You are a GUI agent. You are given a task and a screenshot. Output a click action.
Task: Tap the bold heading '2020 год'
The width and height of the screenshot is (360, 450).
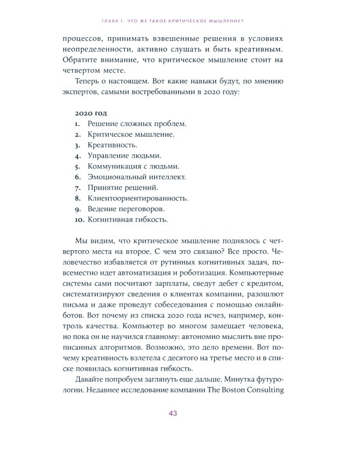click(93, 112)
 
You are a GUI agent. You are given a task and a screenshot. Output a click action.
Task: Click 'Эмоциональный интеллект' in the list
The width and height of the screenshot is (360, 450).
click(137, 177)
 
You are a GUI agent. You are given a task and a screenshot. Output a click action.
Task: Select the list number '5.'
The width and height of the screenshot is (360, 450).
click(78, 166)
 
